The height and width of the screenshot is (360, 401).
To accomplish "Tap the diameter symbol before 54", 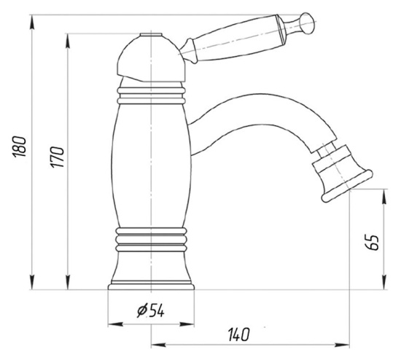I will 140,311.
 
